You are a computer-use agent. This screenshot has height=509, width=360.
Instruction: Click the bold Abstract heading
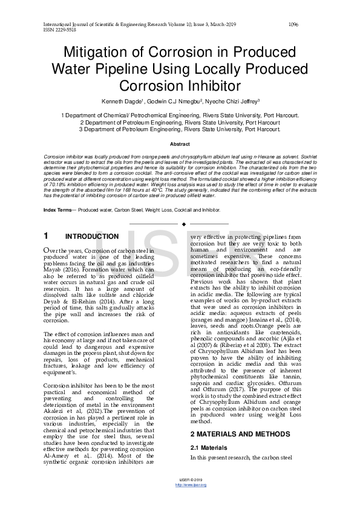click(x=180, y=144)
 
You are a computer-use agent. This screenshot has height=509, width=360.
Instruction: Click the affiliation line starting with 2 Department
click(x=180, y=122)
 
